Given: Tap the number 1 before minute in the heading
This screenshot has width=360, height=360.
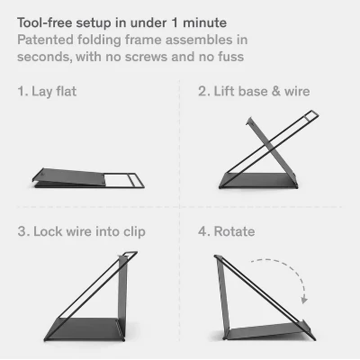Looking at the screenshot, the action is (x=175, y=23).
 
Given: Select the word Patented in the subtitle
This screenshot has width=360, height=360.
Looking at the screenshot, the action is (x=45, y=40).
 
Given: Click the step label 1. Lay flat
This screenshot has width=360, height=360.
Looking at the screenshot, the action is (x=47, y=91).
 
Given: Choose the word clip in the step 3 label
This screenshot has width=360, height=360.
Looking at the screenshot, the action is (x=134, y=232).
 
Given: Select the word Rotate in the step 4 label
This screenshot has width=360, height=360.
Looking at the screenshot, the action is (x=234, y=231).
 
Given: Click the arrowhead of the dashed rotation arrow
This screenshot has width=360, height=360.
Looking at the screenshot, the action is (x=304, y=300).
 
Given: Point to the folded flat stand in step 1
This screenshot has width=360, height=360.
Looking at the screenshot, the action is (x=88, y=178).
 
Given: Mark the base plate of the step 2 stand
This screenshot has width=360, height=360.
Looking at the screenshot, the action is (x=258, y=180).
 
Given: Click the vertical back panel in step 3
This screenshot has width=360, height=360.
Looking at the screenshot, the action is (x=122, y=295).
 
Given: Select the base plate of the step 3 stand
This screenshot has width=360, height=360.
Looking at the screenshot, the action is (x=85, y=329).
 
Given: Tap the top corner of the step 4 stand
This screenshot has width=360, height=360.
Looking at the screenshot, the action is (x=215, y=256).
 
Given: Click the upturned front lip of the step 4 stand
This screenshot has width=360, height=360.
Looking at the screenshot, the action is (x=309, y=329).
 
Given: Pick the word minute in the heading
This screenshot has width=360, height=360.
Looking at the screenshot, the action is (x=204, y=22).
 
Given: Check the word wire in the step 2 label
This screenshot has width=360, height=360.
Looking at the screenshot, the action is (x=297, y=91).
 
